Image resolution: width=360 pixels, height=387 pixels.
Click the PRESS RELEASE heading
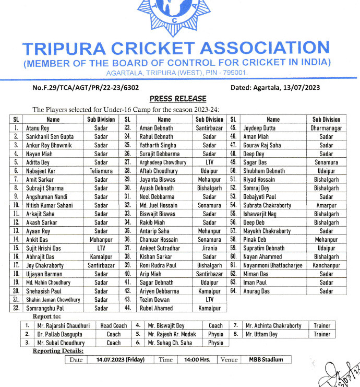177,99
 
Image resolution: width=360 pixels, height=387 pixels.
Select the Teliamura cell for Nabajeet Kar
101,171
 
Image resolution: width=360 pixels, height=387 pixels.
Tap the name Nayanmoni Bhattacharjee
273,265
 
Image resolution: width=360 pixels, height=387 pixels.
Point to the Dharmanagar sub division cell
326,128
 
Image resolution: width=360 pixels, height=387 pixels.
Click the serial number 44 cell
127,308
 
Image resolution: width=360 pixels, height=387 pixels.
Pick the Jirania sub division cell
209,248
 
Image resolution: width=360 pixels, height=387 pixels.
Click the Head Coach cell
113,325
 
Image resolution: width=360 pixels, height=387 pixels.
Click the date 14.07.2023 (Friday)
120,360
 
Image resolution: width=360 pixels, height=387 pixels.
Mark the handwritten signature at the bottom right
342,374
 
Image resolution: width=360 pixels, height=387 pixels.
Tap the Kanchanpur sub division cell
326,265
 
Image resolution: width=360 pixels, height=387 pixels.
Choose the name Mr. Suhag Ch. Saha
170,343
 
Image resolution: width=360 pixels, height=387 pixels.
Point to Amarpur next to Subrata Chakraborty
326,205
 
